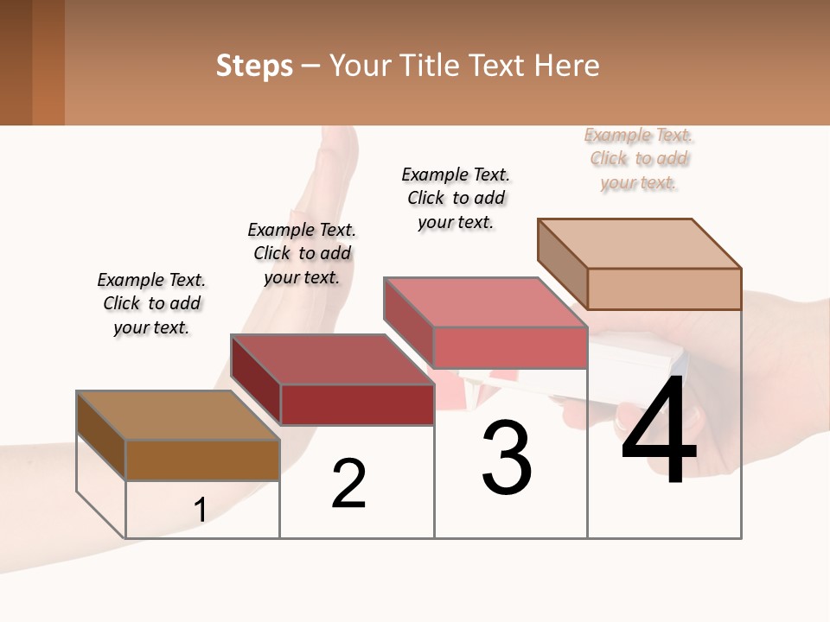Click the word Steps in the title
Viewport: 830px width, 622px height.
click(x=254, y=66)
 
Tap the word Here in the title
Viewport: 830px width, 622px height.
click(x=567, y=66)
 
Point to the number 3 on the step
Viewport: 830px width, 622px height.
click(x=507, y=457)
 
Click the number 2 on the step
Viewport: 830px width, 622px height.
click(x=348, y=484)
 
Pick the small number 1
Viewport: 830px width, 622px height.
click(x=201, y=510)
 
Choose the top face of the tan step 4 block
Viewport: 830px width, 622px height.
click(x=639, y=243)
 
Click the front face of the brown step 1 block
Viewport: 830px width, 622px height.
click(x=202, y=460)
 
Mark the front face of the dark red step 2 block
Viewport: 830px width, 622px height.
click(x=357, y=404)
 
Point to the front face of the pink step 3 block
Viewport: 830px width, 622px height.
click(x=510, y=347)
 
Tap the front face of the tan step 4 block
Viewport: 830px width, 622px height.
click(x=664, y=289)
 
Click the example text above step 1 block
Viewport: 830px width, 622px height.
click(x=151, y=303)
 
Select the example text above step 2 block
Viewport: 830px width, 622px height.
click(x=302, y=253)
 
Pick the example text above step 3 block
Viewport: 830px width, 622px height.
click(x=456, y=198)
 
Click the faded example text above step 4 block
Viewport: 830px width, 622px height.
click(x=639, y=159)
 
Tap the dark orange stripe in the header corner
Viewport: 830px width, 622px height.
click(x=48, y=62)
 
